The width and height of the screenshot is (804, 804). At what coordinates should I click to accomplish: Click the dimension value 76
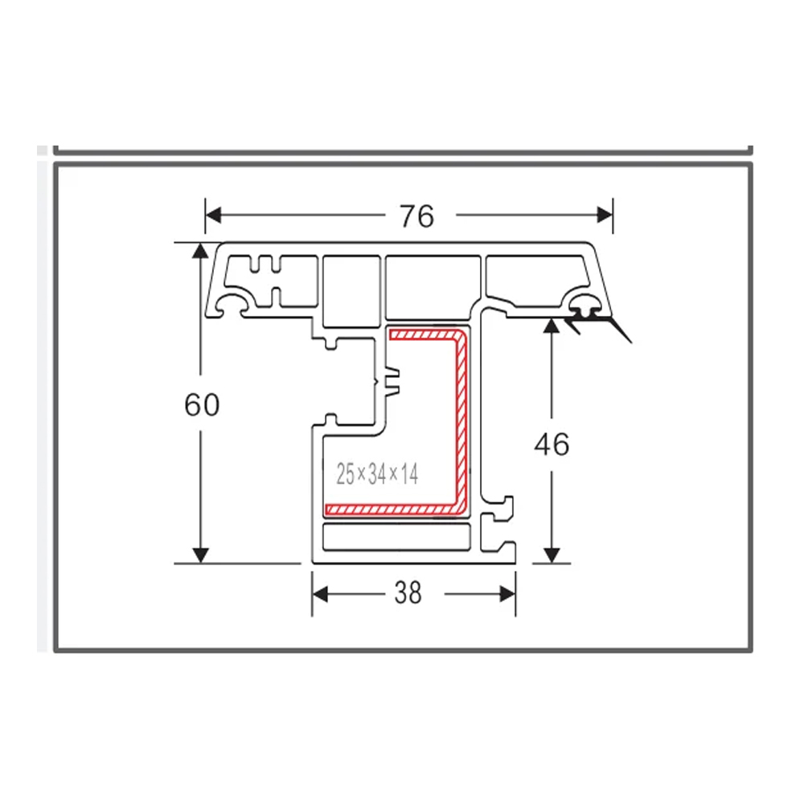[416, 215]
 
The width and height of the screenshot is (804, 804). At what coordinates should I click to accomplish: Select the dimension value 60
[201, 404]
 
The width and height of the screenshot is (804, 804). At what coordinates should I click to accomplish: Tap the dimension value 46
[552, 444]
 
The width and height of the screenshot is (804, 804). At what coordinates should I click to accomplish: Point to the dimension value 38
[408, 593]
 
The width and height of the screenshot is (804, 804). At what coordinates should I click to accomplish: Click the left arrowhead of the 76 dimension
[213, 215]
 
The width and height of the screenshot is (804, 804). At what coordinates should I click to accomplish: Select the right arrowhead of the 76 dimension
[605, 215]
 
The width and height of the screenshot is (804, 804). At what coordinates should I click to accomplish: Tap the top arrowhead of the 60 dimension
[200, 251]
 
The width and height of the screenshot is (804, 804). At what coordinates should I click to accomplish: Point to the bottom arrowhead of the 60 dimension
[200, 554]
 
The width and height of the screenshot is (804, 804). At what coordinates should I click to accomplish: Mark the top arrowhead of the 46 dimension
[552, 326]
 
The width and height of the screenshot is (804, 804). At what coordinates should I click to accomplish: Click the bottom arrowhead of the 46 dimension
[552, 554]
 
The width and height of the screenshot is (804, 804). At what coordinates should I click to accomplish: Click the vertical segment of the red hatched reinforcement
[462, 418]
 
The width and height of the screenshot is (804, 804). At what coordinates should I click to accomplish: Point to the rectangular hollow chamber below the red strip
[396, 537]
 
